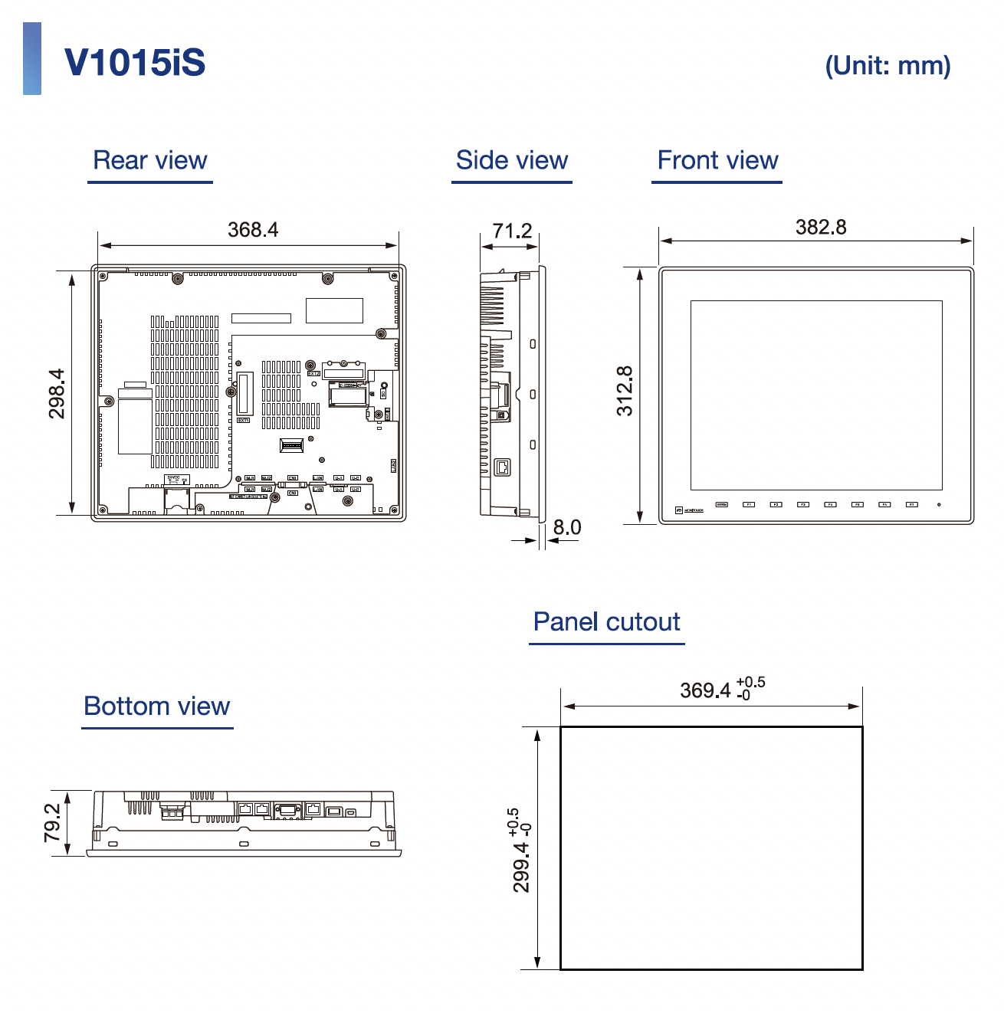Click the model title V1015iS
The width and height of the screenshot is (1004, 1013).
135,62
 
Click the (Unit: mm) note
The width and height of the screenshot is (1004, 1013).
888,66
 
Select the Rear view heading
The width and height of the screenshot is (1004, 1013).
150,160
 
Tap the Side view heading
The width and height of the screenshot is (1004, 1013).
512,160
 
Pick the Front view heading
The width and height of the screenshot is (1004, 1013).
717,160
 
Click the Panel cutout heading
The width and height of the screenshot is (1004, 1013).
606,621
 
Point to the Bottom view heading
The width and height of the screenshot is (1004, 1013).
157,706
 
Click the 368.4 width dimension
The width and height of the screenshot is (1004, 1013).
253,230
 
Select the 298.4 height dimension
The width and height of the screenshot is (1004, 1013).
57,394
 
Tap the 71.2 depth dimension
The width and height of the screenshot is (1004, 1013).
512,231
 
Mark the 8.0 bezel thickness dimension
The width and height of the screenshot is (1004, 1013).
567,527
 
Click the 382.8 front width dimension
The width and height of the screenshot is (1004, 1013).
821,227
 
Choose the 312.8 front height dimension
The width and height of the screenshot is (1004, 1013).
625,391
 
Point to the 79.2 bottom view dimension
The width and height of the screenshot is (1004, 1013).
52,823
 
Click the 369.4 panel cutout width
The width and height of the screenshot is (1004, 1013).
706,690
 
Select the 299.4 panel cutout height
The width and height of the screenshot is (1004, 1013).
521,866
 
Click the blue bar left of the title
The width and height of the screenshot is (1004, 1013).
32,59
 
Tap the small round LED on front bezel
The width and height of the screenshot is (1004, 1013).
940,505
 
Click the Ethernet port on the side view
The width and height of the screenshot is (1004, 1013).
502,467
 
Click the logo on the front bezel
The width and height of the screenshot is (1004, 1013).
689,510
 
